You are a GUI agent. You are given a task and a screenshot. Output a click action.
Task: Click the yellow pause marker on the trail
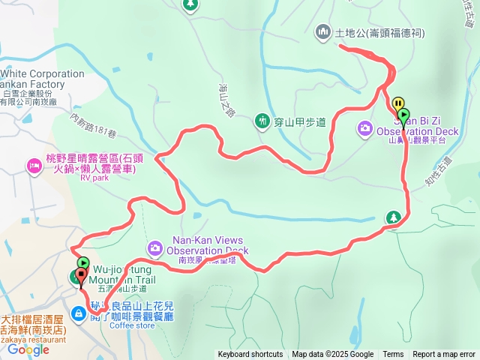397,104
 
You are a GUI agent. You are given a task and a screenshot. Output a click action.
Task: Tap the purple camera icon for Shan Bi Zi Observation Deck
364,128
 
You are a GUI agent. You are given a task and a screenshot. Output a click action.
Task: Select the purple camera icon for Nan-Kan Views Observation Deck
154,247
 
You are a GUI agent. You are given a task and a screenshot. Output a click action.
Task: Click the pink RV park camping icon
34,164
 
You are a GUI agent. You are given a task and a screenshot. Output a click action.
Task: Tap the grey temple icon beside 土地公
323,31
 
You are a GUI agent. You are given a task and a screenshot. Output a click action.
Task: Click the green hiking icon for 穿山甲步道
262,120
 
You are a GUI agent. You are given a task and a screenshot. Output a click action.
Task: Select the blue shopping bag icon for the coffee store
79,313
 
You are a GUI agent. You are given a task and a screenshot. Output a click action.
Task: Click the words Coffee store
132,325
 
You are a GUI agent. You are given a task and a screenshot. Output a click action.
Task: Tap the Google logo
28,349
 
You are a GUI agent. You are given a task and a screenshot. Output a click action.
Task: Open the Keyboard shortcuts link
250,355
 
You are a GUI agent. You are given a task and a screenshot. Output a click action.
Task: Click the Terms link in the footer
393,355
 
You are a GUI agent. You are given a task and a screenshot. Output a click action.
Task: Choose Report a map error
444,355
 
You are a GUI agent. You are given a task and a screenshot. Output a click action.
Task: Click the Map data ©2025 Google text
332,355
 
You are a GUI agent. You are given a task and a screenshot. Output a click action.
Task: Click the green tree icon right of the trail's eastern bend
392,217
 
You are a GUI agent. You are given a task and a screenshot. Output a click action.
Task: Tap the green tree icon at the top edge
190,4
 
